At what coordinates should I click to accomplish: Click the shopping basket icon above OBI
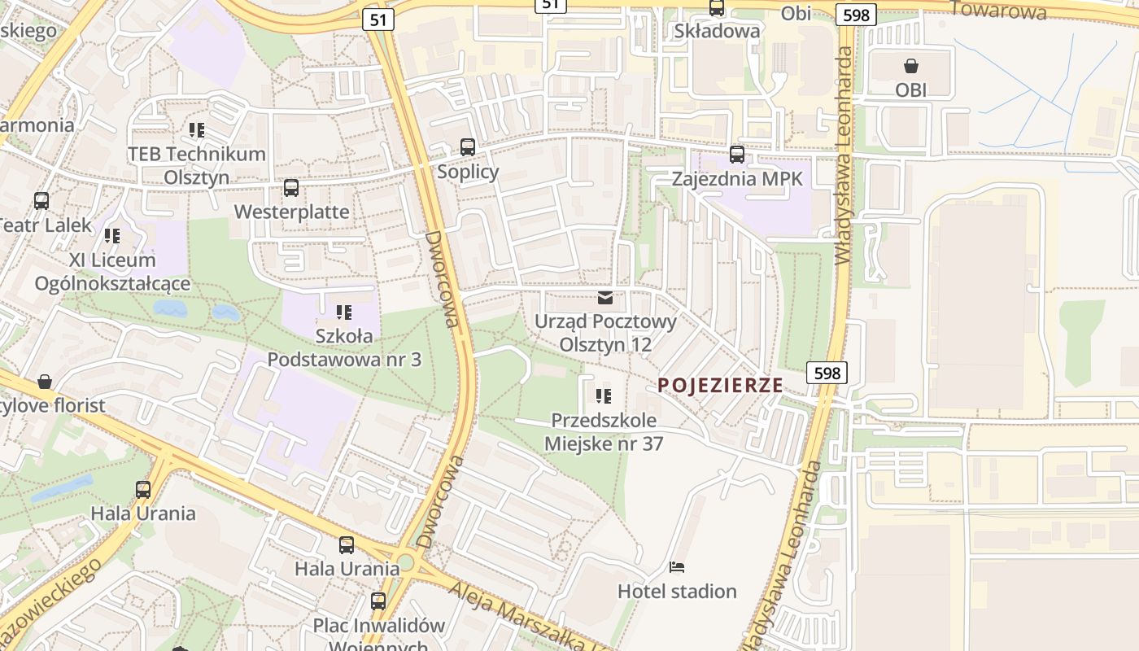[x=910, y=65]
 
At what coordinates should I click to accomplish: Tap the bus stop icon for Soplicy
[x=467, y=147]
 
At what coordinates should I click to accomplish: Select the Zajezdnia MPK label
[x=736, y=178]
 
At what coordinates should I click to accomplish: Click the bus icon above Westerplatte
[x=291, y=188]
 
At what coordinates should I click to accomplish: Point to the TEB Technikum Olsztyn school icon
[x=196, y=129]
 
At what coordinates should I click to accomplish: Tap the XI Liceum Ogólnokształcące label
[x=112, y=272]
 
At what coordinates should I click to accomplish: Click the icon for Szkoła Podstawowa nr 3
[x=343, y=312]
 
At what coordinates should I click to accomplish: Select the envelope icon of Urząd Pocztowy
[x=605, y=298]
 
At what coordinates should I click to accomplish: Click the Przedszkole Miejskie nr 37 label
[x=604, y=432]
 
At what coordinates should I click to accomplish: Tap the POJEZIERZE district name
[x=720, y=385]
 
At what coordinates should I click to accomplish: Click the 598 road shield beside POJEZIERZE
[x=827, y=373]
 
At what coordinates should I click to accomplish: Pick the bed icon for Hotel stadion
[x=677, y=566]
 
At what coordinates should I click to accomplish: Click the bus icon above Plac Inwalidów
[x=378, y=601]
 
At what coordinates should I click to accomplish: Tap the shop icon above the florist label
[x=45, y=382]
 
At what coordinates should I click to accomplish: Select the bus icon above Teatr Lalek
[x=41, y=200]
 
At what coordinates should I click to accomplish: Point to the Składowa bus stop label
[x=717, y=31]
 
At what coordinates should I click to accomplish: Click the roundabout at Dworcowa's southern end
[x=405, y=563]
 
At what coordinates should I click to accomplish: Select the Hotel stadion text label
[x=677, y=591]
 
